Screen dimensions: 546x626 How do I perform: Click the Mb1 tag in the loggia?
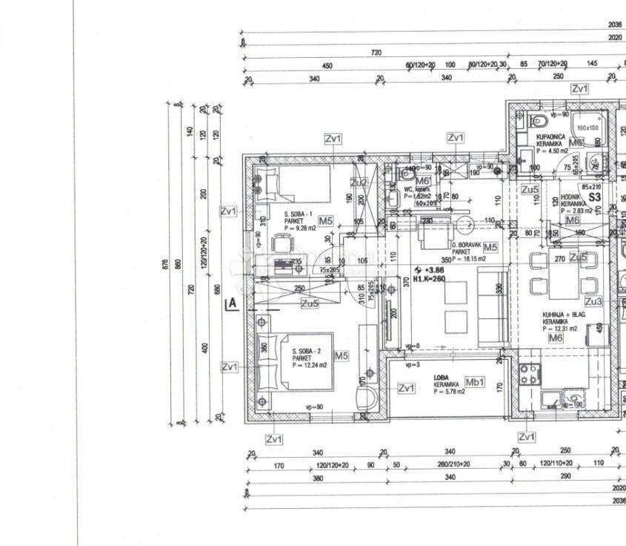click(474, 382)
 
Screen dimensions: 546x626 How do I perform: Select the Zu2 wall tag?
click(359, 182)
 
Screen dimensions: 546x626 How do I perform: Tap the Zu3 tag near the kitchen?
click(593, 301)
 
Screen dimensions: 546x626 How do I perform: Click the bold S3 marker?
click(594, 198)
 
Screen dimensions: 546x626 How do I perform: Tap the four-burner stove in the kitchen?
click(529, 374)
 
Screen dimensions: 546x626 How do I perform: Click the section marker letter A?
click(232, 302)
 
